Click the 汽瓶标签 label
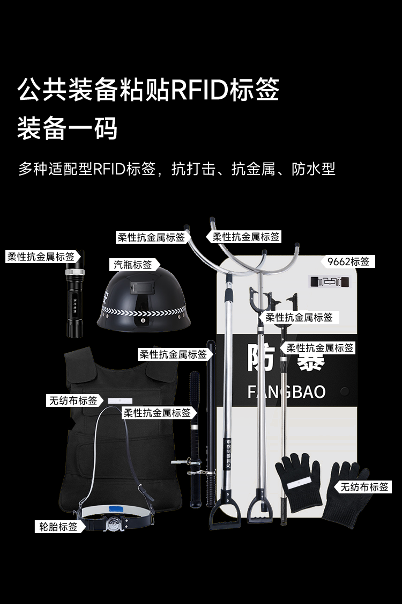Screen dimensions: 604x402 [133, 264]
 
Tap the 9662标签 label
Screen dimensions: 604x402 [348, 261]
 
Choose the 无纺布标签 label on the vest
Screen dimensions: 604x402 [73, 400]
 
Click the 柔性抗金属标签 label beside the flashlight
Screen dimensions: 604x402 [41, 257]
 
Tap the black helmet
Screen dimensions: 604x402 [144, 303]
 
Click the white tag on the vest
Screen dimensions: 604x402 [116, 401]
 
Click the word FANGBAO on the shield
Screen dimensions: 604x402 [286, 391]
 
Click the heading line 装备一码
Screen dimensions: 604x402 [67, 129]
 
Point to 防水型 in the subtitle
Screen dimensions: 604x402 [314, 169]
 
